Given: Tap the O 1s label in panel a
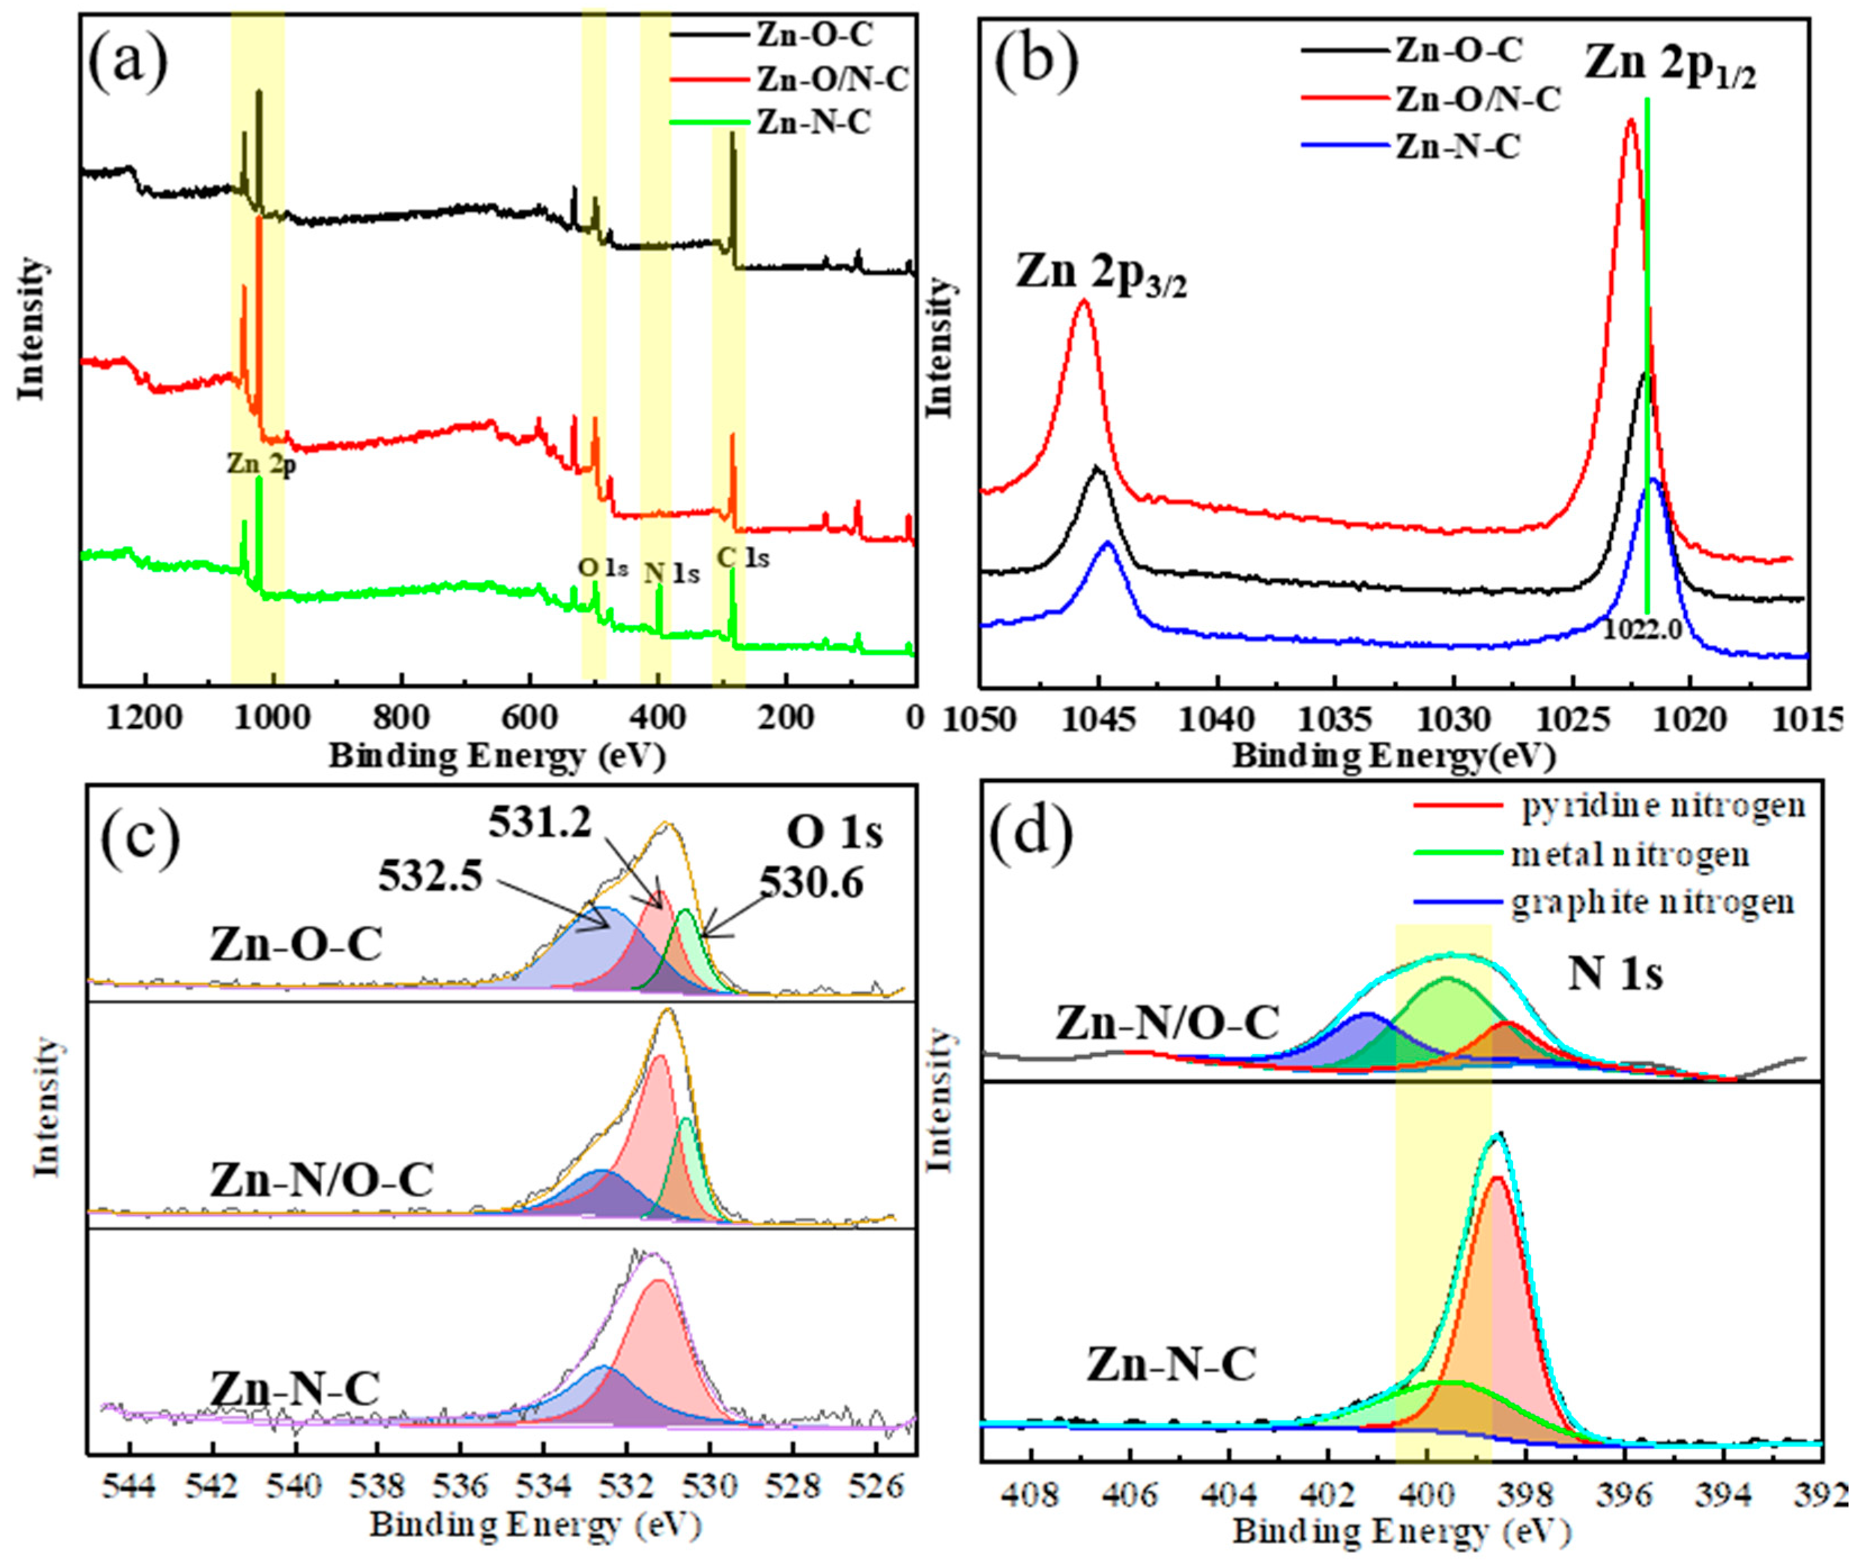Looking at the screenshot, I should (x=603, y=567).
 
